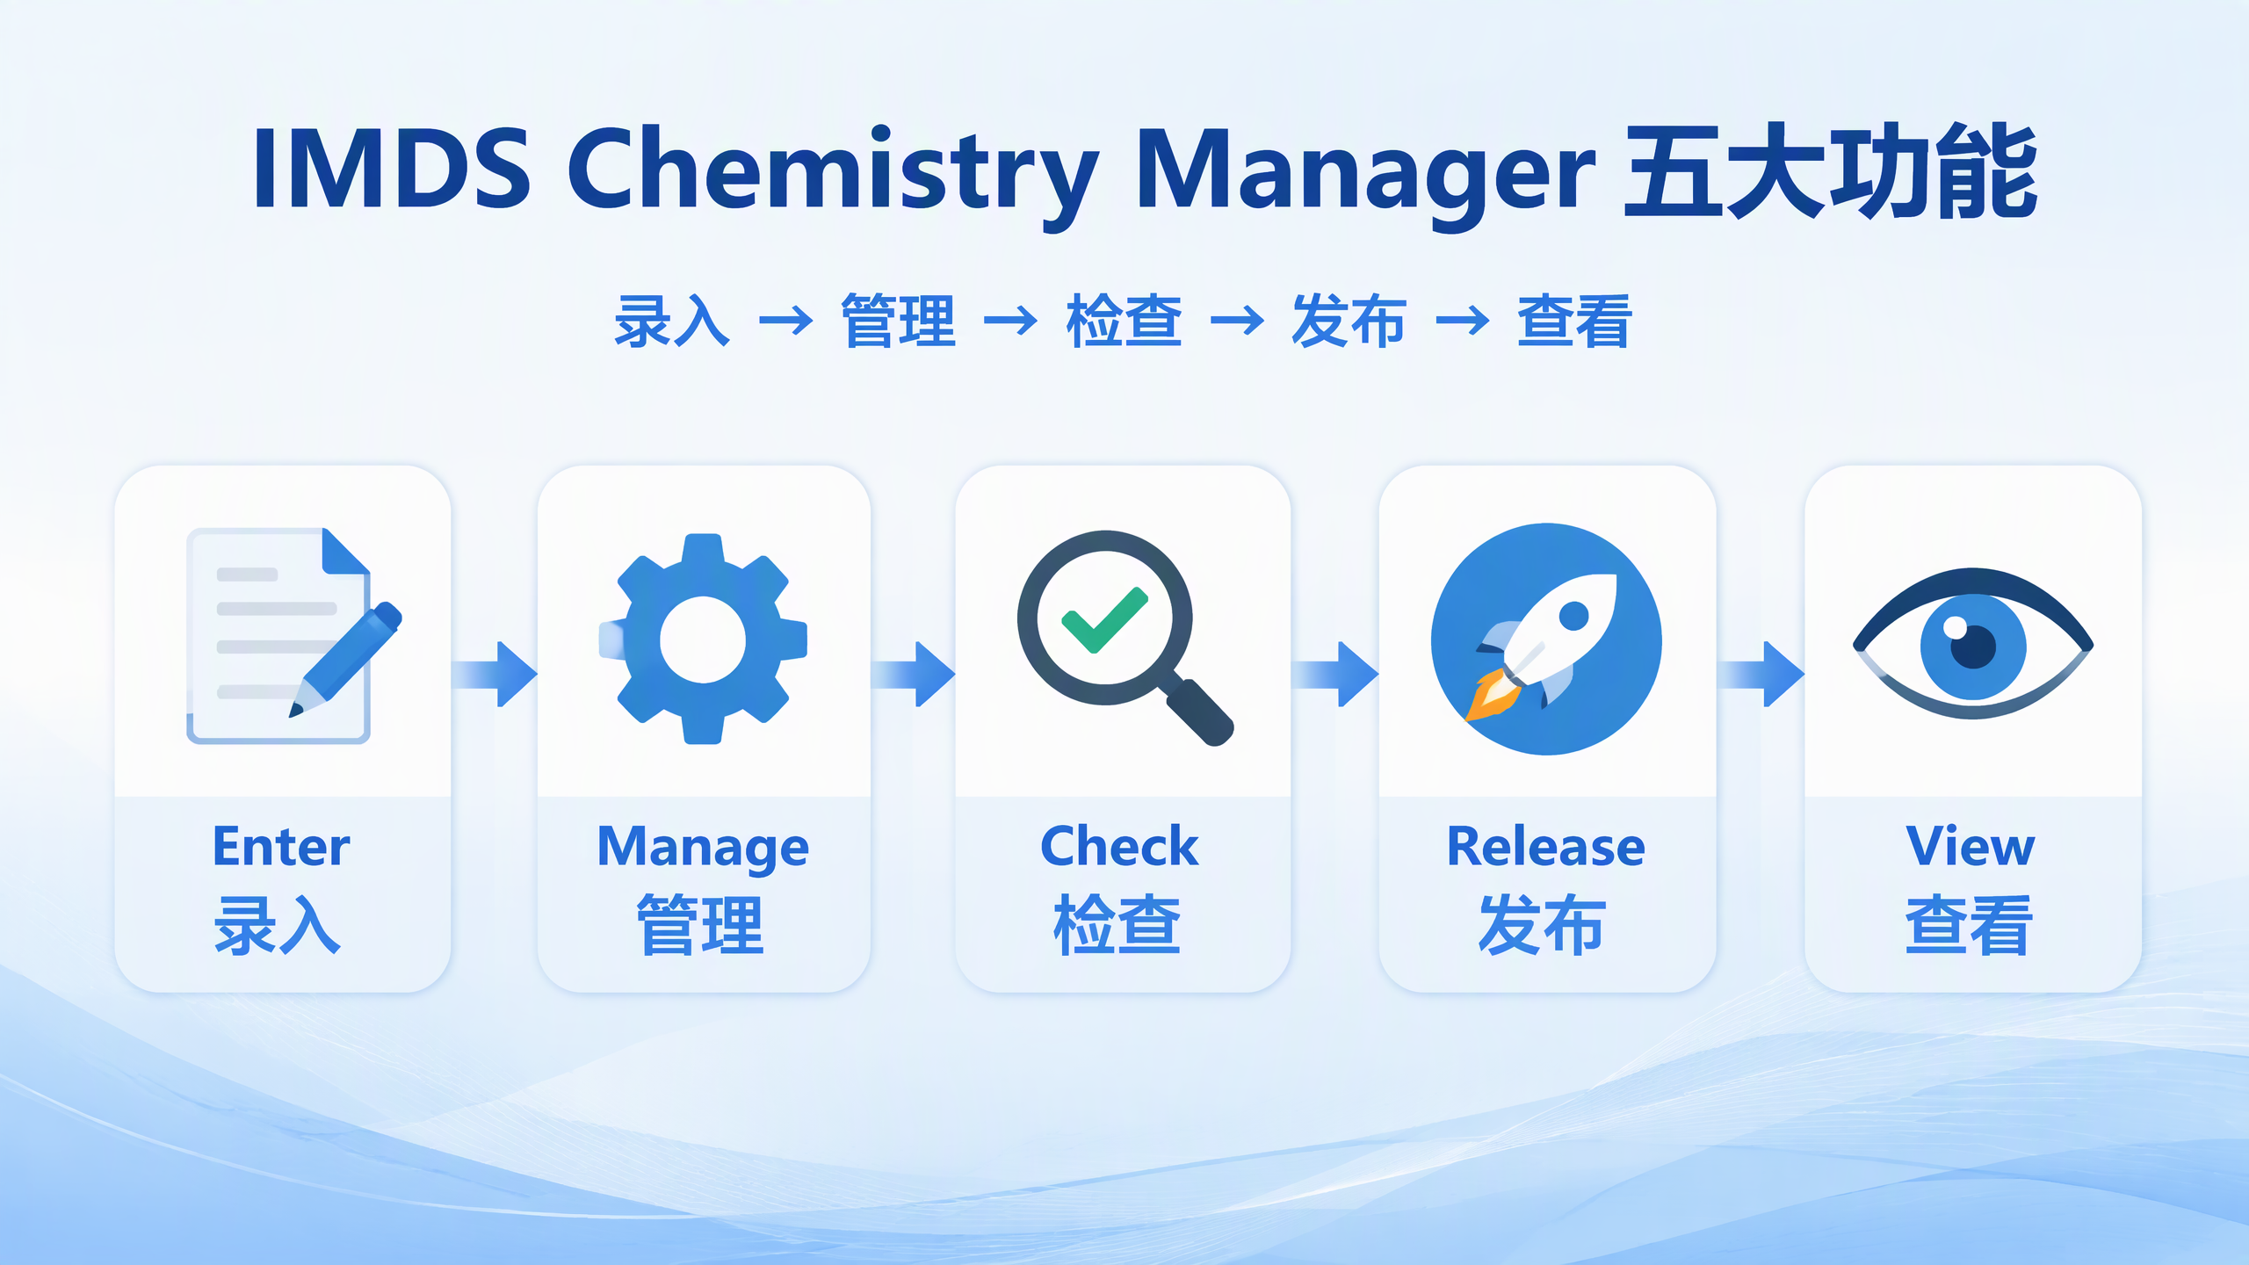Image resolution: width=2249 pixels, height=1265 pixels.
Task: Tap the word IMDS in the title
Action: (392, 168)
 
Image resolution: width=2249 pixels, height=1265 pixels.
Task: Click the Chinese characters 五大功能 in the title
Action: (1830, 170)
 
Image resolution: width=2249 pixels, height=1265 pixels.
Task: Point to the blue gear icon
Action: (703, 639)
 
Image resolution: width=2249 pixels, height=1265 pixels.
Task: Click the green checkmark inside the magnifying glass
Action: (1104, 619)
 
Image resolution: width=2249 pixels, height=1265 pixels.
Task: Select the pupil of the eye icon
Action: (1973, 646)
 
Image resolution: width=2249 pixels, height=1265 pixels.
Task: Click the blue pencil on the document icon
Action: (345, 659)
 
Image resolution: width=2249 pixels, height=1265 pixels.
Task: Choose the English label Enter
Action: (281, 847)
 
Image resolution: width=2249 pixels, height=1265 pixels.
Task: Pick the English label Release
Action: (1546, 847)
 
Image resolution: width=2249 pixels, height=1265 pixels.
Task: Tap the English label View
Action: (1971, 847)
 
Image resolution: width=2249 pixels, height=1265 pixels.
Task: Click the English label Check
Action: (1119, 847)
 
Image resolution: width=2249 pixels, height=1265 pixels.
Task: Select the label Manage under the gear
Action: (703, 849)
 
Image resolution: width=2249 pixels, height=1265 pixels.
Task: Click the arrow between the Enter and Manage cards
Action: (495, 674)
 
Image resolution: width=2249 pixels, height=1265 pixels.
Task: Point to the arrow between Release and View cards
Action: (1761, 674)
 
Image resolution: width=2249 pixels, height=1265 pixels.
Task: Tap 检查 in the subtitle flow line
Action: (1124, 322)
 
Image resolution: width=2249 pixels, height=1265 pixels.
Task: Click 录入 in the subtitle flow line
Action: (672, 322)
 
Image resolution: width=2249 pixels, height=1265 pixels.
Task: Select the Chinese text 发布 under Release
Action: (1543, 925)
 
